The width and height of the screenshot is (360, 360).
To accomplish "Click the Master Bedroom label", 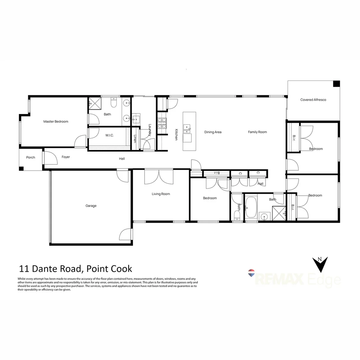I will [56, 122].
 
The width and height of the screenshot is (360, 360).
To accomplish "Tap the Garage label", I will [91, 206].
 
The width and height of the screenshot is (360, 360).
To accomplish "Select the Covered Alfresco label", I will [313, 100].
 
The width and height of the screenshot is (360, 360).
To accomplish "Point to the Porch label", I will [31, 157].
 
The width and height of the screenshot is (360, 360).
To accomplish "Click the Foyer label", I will [66, 157].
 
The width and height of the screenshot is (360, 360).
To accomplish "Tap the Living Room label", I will [161, 194].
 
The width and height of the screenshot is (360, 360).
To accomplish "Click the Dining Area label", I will [213, 132].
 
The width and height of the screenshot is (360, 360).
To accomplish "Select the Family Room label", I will [257, 132].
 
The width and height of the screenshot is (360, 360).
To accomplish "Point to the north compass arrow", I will [320, 265].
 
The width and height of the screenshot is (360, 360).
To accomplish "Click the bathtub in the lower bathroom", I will [251, 207].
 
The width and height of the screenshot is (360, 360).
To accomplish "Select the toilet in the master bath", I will [114, 103].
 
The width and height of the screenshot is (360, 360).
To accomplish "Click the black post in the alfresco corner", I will [336, 84].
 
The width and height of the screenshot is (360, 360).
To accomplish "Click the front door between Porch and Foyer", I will [44, 158].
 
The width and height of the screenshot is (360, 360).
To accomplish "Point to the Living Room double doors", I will [159, 177].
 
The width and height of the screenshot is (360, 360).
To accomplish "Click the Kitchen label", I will [176, 134].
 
